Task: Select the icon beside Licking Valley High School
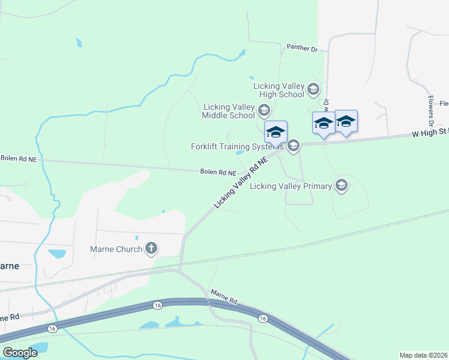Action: (x=312, y=90)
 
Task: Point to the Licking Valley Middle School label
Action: (x=229, y=111)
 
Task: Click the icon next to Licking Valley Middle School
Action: (x=263, y=110)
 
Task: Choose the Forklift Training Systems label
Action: (x=237, y=146)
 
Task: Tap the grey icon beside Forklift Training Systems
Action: (x=293, y=146)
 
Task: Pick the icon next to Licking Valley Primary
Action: (x=342, y=185)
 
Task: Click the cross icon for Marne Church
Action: (x=151, y=248)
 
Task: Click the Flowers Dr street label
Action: (x=430, y=95)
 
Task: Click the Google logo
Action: (x=20, y=352)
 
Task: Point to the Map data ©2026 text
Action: (x=423, y=355)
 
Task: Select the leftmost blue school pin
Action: (x=276, y=133)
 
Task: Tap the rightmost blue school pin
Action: (x=346, y=122)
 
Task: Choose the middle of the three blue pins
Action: (x=324, y=124)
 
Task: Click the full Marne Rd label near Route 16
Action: (x=223, y=296)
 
